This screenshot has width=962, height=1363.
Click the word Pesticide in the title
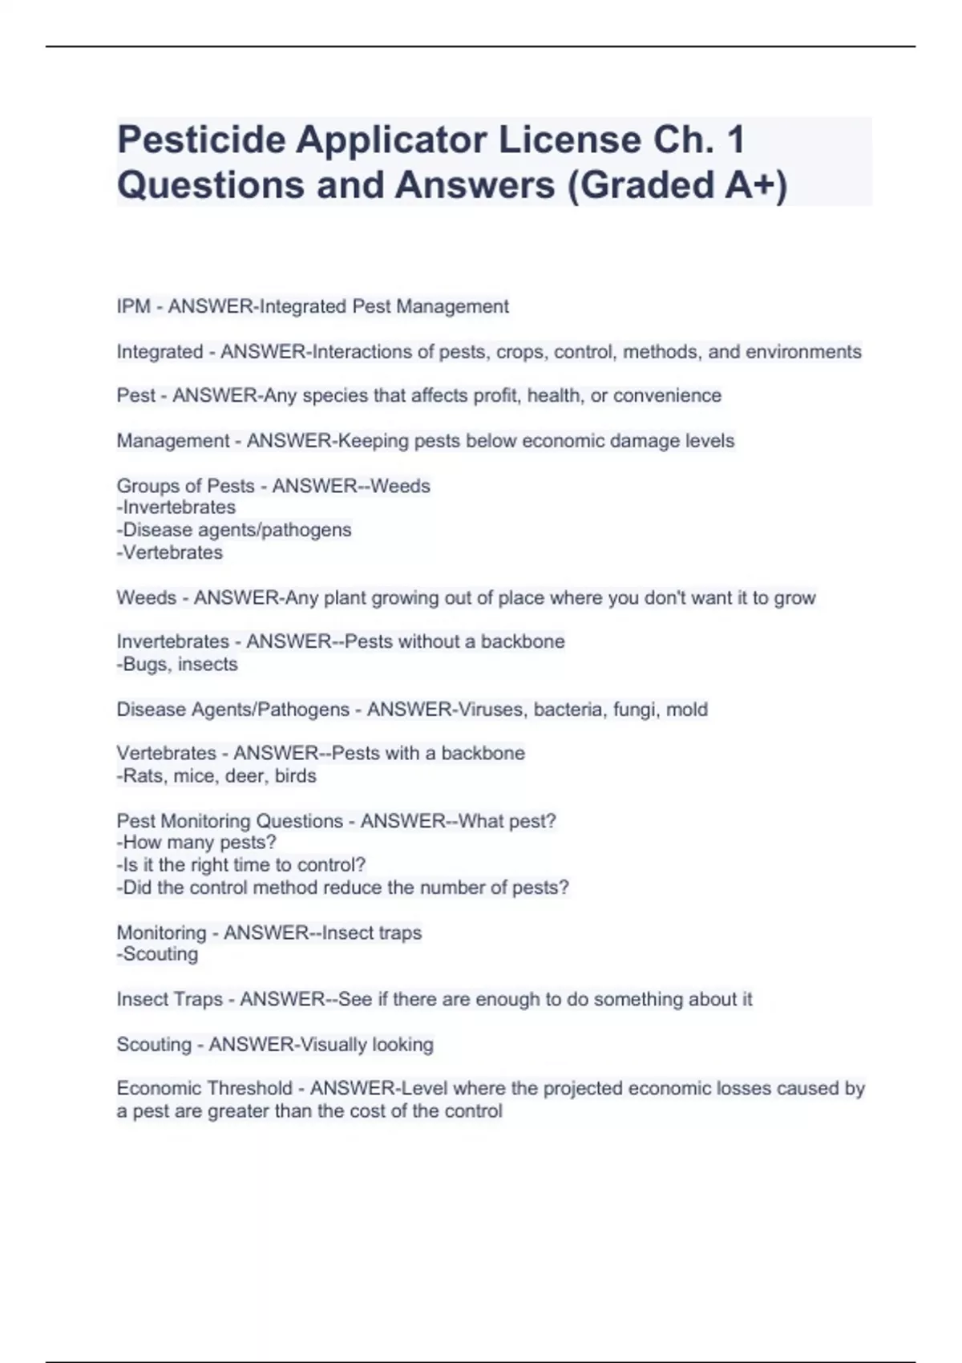[200, 140]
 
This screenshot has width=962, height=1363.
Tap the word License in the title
[560, 140]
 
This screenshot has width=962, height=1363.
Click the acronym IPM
[133, 306]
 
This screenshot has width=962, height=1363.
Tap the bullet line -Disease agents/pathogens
[234, 530]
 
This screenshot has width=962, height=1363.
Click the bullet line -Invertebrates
[176, 508]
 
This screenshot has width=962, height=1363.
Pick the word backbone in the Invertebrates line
[523, 641]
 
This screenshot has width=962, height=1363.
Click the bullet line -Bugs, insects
[177, 664]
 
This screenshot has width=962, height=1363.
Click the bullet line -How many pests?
[196, 843]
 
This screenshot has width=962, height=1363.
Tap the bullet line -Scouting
[157, 954]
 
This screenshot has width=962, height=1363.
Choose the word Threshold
[249, 1089]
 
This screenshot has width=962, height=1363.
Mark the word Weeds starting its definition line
[146, 598]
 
